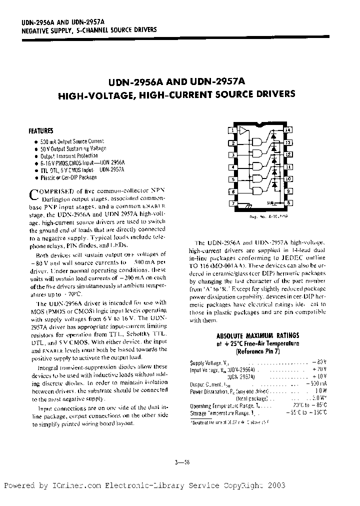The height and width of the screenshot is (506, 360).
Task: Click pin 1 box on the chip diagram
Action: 232,130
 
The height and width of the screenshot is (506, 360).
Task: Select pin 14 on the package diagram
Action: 288,130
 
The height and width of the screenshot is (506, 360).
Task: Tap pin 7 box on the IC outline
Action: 232,203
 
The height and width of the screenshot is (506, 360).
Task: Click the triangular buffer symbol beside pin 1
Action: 243,131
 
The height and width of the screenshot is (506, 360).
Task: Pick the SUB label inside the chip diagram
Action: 269,202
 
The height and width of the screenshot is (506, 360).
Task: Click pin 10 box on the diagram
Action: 288,179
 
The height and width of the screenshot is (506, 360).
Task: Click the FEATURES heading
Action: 40,131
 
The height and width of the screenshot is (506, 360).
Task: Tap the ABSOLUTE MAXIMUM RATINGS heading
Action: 257,336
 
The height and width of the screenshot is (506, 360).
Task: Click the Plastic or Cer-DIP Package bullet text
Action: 68,177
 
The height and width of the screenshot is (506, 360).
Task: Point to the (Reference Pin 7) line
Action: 257,350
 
